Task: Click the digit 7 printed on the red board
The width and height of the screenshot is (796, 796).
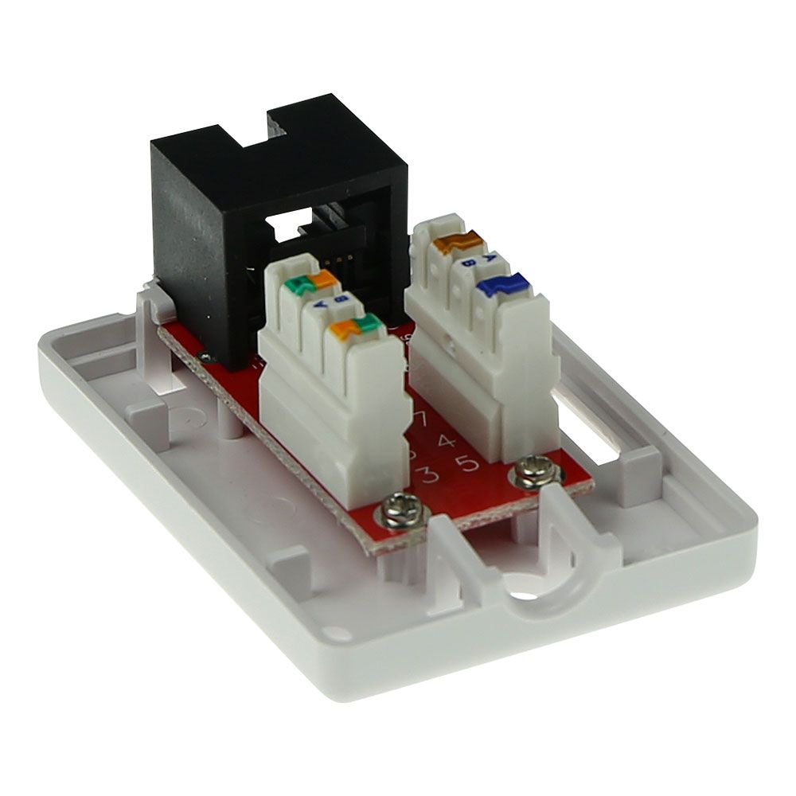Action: tap(420, 419)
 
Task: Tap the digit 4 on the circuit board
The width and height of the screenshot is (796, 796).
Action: tap(447, 440)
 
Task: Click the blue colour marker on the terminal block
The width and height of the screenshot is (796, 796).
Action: tap(501, 285)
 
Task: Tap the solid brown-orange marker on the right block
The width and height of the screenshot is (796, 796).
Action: tap(457, 242)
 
